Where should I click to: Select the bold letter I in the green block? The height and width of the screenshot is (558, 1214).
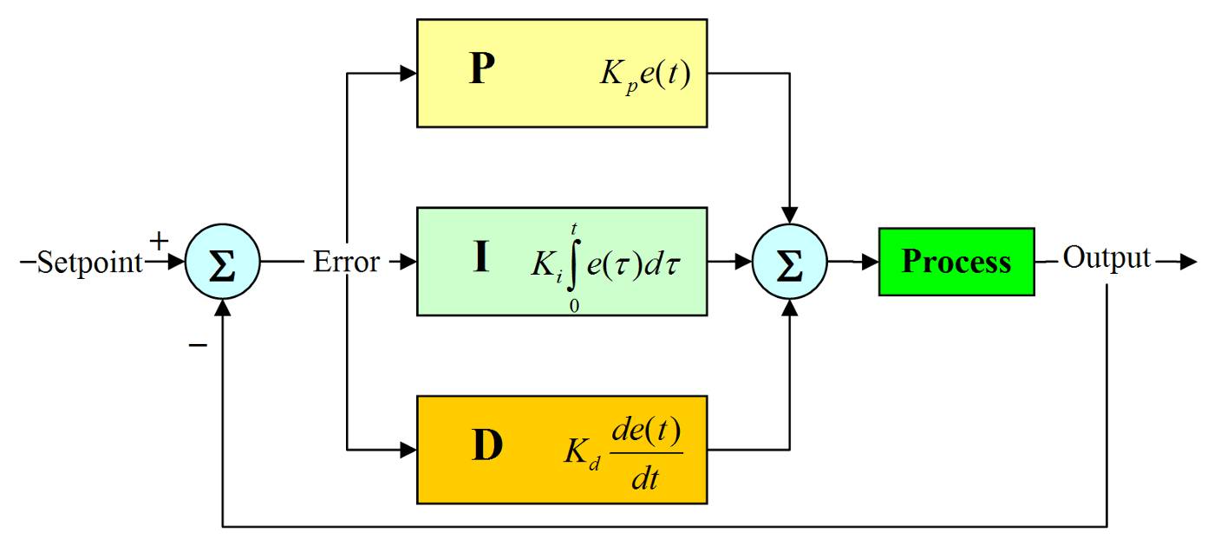point(480,258)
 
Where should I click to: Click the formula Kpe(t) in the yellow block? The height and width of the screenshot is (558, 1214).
point(645,75)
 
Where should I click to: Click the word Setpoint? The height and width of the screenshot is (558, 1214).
point(89,263)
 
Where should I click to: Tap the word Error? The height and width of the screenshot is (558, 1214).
point(346,262)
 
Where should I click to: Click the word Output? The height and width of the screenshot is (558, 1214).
point(1106,258)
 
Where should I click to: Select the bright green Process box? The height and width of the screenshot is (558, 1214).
point(956,262)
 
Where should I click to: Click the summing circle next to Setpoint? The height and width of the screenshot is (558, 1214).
point(223,262)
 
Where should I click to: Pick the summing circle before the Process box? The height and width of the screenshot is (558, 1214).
point(789,262)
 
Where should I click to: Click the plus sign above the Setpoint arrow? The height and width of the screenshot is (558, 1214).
point(159,240)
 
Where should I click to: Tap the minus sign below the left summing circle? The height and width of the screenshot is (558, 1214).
point(199,345)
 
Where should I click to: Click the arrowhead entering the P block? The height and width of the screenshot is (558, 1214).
point(408,74)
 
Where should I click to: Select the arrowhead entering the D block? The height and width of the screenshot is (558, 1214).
point(408,450)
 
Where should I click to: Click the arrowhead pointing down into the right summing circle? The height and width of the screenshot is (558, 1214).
point(789,214)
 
